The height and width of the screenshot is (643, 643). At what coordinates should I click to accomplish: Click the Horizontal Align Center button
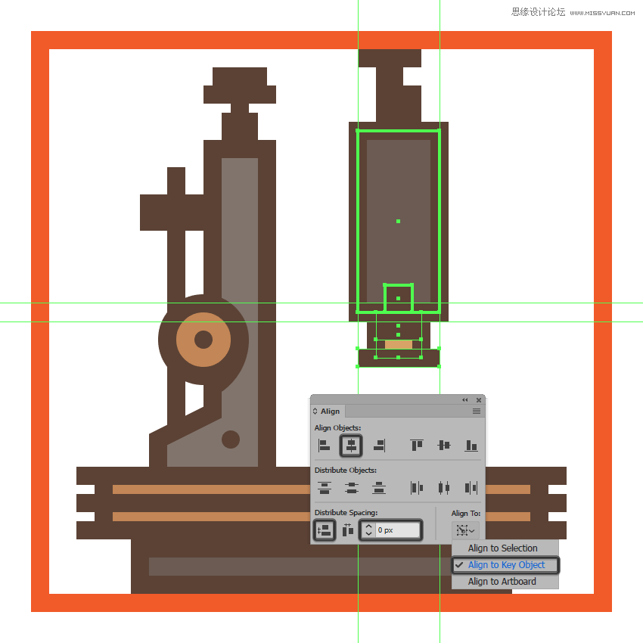pos(351,446)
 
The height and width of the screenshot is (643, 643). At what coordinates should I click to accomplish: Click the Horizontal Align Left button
pos(324,446)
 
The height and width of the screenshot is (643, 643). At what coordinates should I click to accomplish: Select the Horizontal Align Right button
pos(379,446)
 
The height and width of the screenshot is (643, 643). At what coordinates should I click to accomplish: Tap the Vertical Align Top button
pos(417,446)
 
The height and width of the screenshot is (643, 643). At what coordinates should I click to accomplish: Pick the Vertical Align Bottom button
pos(471,446)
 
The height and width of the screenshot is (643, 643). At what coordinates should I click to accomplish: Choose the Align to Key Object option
pos(505,564)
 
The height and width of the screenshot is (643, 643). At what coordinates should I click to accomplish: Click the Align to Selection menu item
pos(503,548)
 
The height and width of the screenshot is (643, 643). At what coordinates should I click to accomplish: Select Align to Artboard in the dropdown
pos(502,582)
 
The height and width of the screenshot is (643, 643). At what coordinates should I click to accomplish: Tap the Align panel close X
pos(479,400)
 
